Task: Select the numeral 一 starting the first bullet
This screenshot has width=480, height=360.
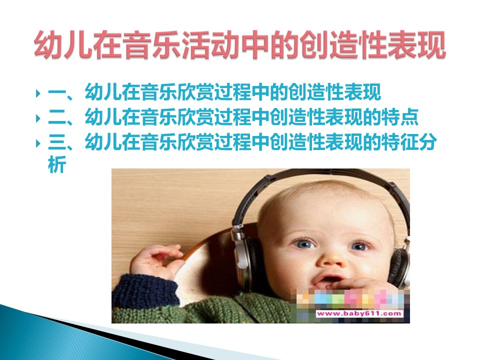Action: (x=57, y=92)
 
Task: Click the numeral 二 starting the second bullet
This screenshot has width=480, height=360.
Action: (x=57, y=117)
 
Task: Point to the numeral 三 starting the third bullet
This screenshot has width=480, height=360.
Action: (x=57, y=142)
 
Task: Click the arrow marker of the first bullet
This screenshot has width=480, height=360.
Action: (x=38, y=93)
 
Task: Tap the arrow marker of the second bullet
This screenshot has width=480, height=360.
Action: (x=38, y=118)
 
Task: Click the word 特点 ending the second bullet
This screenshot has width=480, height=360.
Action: (x=399, y=117)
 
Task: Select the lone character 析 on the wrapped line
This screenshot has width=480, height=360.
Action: (x=57, y=164)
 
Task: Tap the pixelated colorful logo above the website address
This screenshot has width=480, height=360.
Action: (x=349, y=298)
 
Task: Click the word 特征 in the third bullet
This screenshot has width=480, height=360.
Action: (x=399, y=142)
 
